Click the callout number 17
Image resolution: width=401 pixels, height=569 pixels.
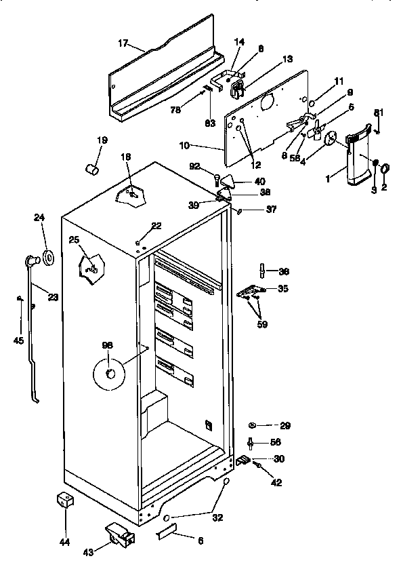click(123, 43)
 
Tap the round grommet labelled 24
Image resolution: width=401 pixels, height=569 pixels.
click(49, 258)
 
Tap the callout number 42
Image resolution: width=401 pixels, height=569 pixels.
click(276, 483)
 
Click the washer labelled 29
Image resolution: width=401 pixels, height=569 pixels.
click(253, 425)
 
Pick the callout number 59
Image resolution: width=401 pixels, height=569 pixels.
click(261, 324)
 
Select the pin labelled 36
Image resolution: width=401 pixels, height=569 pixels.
click(262, 272)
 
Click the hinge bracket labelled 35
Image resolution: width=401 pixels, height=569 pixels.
click(250, 290)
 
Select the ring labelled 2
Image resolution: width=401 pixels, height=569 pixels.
click(385, 169)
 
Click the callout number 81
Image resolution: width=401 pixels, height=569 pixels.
click(379, 111)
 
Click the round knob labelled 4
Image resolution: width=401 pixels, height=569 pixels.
click(331, 138)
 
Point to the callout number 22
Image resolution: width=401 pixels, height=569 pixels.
click(156, 226)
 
